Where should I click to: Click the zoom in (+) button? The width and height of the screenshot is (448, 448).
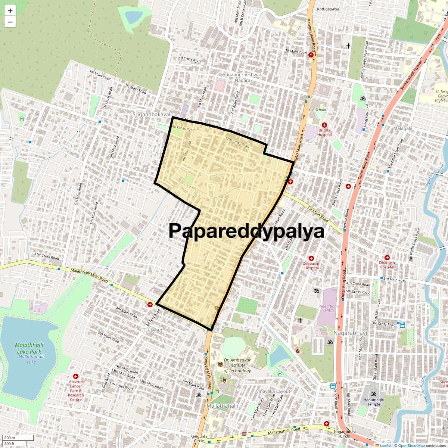[x=10, y=11]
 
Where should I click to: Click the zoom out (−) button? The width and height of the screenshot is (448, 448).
[x=10, y=22]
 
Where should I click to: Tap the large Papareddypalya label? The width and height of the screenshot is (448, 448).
[x=246, y=231]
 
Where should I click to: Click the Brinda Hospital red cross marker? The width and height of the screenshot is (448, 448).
[x=324, y=125]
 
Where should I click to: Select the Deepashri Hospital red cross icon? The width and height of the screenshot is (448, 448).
[x=311, y=258]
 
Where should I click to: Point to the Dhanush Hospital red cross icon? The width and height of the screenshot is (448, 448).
[x=387, y=258]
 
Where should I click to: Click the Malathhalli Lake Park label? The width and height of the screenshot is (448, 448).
[x=28, y=348]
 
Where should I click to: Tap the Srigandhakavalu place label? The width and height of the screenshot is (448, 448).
[x=153, y=114]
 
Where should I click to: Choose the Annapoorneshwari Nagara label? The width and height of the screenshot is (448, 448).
[x=242, y=77]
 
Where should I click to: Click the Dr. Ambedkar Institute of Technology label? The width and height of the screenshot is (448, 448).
[x=237, y=365]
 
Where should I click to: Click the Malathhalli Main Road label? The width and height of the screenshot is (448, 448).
[x=89, y=276]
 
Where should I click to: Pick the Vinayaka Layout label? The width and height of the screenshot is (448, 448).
[x=273, y=391]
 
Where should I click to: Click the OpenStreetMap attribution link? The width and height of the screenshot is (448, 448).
[x=411, y=445]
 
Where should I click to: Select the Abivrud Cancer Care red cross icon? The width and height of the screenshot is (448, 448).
[x=76, y=376]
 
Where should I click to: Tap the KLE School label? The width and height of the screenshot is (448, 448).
[x=317, y=110]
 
